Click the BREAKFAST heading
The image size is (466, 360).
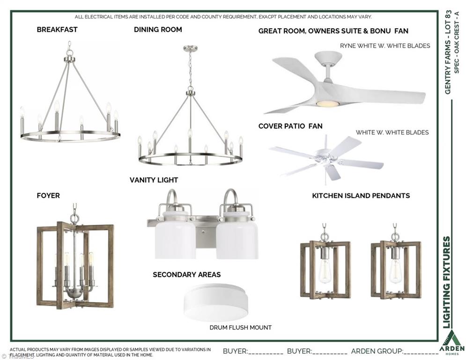coord(57,30)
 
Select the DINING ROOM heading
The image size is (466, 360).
coord(158,30)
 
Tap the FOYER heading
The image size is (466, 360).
coord(48,195)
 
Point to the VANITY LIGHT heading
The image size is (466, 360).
coord(154,180)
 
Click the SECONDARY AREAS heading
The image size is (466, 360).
coord(187,275)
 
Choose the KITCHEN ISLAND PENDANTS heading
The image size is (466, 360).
coord(361,195)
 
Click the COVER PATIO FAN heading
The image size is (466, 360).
coord(290,126)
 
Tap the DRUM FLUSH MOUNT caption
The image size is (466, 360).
coord(240,328)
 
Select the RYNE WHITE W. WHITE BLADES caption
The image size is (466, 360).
coord(385,46)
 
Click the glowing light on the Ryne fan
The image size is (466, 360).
coord(327,104)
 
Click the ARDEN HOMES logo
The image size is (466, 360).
coord(452,343)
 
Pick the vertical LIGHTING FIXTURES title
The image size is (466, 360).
coord(447,282)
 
